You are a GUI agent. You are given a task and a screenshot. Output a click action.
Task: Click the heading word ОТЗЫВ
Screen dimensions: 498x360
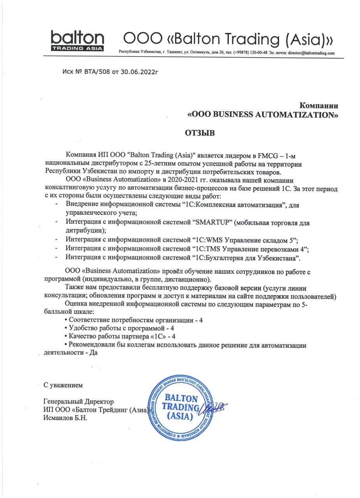pos(200,133)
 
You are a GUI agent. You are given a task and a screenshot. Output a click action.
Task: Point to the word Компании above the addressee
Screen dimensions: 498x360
pos(319,105)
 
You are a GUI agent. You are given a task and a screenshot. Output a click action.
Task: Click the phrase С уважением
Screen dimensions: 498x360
pos(63,385)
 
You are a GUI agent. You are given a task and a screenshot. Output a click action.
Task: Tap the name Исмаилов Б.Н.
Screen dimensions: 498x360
pos(65,418)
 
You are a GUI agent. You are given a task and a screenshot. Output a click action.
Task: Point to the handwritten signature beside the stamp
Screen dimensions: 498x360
pos(213,408)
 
